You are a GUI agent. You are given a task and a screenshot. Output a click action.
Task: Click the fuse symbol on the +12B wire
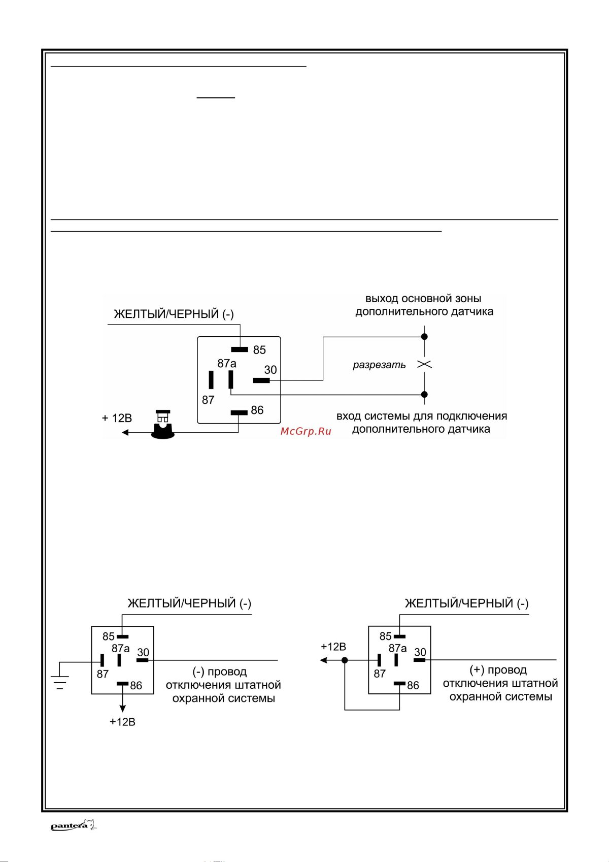162,425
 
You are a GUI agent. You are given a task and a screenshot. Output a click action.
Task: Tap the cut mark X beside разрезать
424,364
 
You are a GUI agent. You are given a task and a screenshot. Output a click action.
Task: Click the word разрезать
379,365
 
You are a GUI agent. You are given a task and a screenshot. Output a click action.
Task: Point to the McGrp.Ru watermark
306,431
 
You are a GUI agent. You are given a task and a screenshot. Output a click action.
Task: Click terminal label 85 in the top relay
259,350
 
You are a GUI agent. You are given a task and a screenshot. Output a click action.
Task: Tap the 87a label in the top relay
227,363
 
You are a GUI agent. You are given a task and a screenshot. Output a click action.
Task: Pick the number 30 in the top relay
270,370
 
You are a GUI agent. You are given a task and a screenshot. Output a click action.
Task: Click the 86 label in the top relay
257,410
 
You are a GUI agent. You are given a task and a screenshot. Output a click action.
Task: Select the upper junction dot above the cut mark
425,336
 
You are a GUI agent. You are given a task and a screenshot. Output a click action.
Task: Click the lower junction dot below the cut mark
425,394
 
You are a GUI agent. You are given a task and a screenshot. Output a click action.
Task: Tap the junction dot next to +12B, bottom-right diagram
345,660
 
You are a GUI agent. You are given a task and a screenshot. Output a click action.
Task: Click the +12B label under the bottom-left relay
122,722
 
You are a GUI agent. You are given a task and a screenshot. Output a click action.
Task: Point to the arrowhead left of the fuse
125,432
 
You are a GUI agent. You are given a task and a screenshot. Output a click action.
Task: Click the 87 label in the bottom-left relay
103,674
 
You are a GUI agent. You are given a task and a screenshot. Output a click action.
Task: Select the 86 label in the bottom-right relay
413,685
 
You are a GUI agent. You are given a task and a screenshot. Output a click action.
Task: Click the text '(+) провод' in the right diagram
498,670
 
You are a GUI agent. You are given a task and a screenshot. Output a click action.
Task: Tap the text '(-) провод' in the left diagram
220,672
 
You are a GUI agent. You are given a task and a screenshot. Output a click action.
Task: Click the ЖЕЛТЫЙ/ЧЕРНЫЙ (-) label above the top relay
174,314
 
